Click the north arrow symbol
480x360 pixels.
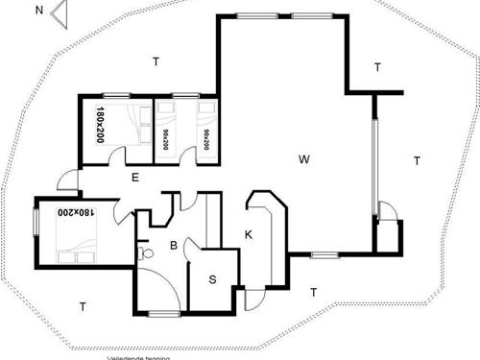pyautogui.click(x=60, y=12)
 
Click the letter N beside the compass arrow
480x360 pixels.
pyautogui.click(x=38, y=11)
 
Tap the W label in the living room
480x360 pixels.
pyautogui.click(x=303, y=156)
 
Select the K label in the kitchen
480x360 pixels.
pyautogui.click(x=248, y=234)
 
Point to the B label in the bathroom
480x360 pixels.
pyautogui.click(x=174, y=246)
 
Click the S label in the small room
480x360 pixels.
pyautogui.click(x=212, y=281)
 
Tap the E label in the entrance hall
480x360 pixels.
pyautogui.click(x=135, y=177)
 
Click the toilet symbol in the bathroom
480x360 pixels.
pyautogui.click(x=144, y=253)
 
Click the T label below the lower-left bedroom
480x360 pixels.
pyautogui.click(x=83, y=306)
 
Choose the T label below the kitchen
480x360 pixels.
pyautogui.click(x=313, y=291)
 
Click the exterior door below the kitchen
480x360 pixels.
pyautogui.click(x=253, y=299)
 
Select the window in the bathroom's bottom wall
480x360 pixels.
pyautogui.click(x=163, y=313)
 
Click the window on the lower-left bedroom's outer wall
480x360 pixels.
pyautogui.click(x=36, y=219)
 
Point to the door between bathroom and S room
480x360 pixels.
pyautogui.click(x=191, y=252)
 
